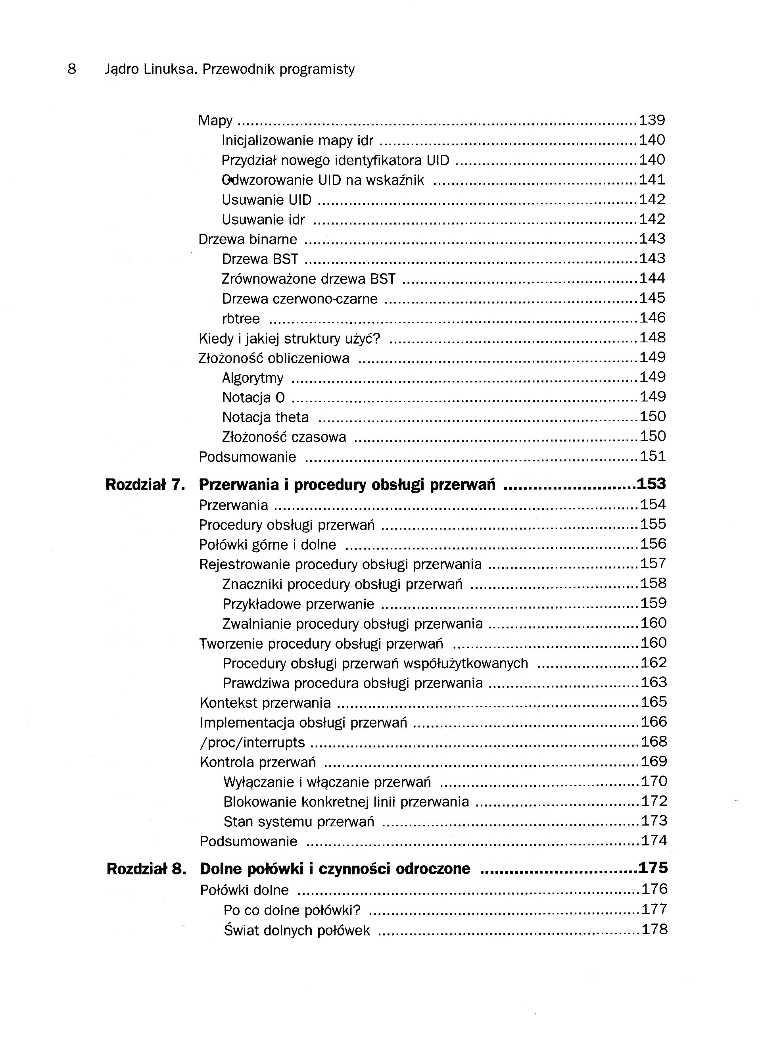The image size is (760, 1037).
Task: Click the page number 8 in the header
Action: (x=72, y=69)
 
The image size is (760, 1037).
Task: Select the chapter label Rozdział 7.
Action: (x=145, y=485)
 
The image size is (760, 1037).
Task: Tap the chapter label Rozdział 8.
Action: (x=146, y=869)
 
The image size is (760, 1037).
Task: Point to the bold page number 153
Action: (x=651, y=484)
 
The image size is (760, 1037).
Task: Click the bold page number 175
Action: (x=653, y=868)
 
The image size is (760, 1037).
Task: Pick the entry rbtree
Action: (x=241, y=319)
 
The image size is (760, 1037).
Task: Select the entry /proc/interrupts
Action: (x=252, y=743)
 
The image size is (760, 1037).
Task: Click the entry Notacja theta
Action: (x=265, y=417)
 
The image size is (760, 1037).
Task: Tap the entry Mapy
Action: (x=215, y=121)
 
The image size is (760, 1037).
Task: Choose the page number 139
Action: (x=652, y=120)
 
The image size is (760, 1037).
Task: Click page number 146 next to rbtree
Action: (x=653, y=318)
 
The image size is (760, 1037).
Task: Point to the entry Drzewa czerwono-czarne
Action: (x=299, y=299)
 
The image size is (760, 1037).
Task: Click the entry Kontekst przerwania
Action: (x=265, y=703)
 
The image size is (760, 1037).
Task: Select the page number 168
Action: (x=654, y=741)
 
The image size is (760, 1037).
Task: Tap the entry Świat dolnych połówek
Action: (x=297, y=931)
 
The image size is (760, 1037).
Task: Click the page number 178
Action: (x=654, y=930)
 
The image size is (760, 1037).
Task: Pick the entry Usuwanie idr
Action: (x=263, y=220)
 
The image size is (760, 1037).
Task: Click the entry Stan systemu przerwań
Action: (x=299, y=822)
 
